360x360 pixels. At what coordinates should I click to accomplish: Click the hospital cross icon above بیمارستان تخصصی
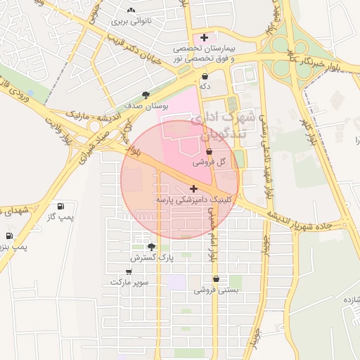(x=204, y=37)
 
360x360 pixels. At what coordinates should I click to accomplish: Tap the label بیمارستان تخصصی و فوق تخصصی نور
(x=204, y=53)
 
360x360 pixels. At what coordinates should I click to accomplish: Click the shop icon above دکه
(x=205, y=77)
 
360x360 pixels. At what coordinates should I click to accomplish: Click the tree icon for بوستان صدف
(x=146, y=94)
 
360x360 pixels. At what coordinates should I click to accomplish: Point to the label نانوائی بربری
(x=132, y=21)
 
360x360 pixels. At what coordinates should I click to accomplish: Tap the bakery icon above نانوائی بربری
(x=131, y=11)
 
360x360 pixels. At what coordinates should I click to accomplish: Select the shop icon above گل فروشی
(x=210, y=152)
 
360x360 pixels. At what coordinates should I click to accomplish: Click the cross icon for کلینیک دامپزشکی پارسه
(x=193, y=188)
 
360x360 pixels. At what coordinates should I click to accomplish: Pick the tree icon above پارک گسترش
(x=151, y=247)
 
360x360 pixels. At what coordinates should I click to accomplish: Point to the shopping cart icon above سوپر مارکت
(x=129, y=271)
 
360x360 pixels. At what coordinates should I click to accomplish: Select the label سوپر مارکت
(x=129, y=282)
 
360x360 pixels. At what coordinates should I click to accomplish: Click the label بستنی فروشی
(x=216, y=289)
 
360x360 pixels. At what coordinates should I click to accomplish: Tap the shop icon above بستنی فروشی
(x=215, y=278)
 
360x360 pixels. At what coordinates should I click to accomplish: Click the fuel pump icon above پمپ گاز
(x=61, y=207)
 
